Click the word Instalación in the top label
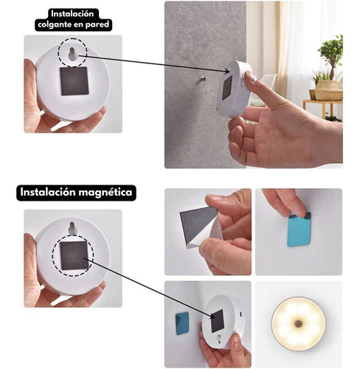(x=72, y=14)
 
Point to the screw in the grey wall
(x=203, y=78)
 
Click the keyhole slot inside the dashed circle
(x=72, y=55)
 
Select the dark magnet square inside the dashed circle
(x=75, y=255)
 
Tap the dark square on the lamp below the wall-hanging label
(x=75, y=81)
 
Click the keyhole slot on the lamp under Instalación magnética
(x=72, y=228)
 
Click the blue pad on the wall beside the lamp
(x=182, y=323)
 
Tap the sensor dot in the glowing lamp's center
(x=299, y=324)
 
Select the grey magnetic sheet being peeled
(x=198, y=224)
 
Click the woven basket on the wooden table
(x=329, y=91)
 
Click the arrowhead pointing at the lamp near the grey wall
(x=226, y=72)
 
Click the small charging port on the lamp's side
(x=241, y=314)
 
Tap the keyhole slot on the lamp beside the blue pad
(x=220, y=339)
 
